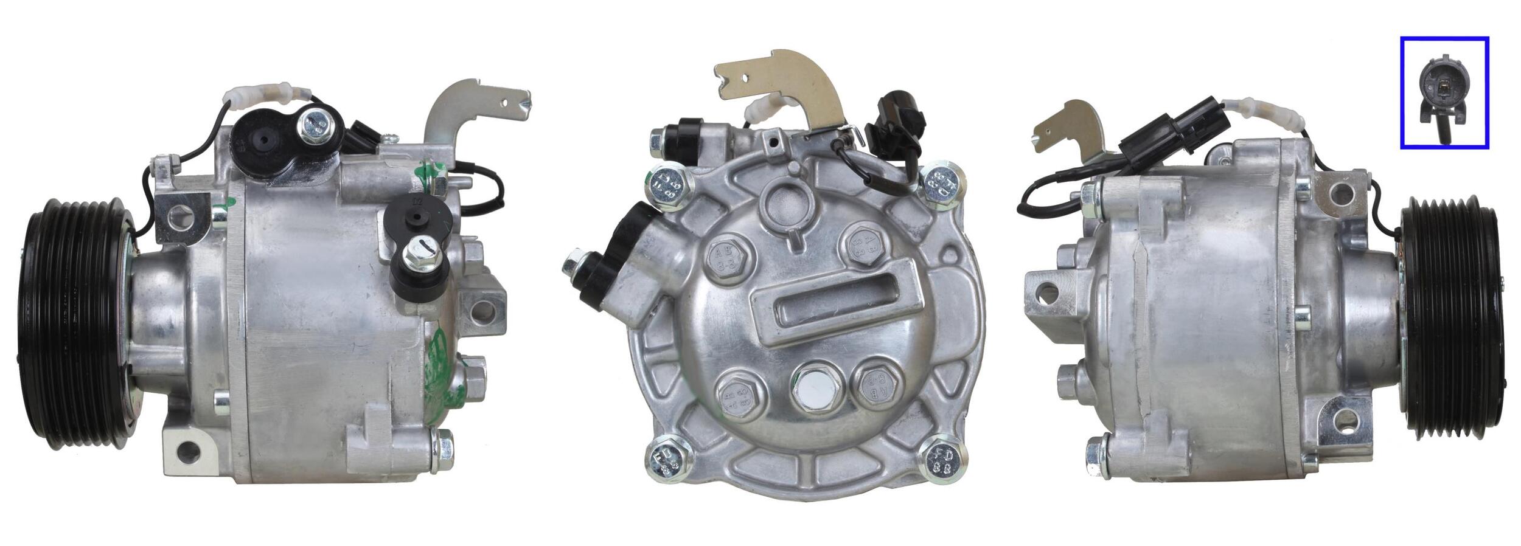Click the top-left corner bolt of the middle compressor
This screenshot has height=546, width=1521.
(x=667, y=184)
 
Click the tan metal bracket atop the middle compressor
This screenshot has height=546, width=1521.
(x=785, y=85)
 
